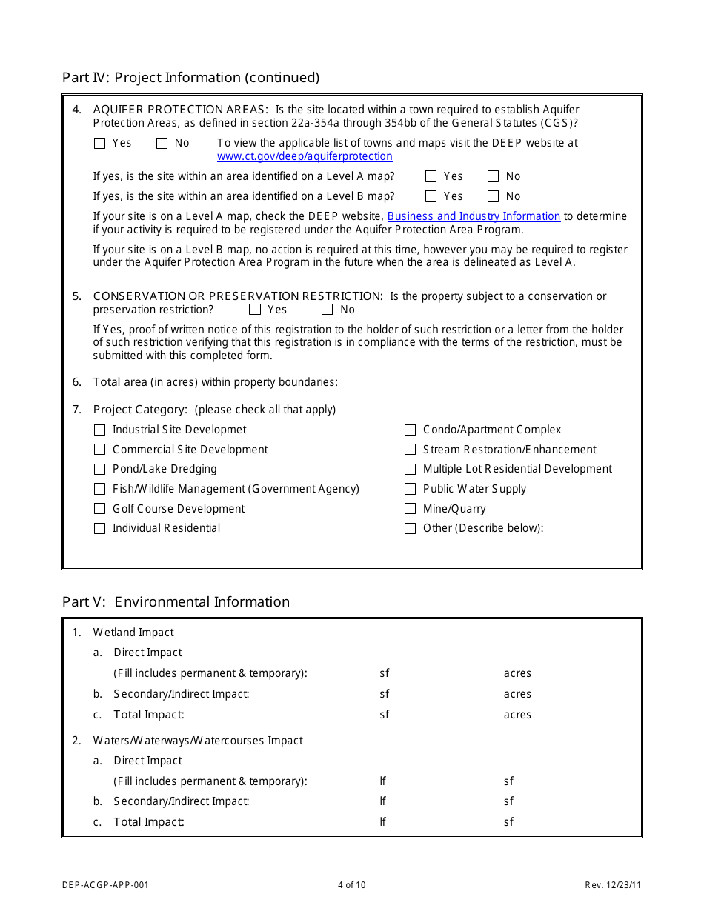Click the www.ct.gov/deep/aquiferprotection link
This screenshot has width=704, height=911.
point(305,156)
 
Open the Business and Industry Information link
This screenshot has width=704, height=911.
point(474,216)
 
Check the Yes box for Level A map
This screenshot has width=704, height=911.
point(431,176)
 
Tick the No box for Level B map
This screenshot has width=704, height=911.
point(494,196)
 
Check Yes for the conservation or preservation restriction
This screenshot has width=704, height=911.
point(256,310)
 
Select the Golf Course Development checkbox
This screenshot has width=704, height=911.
point(100,509)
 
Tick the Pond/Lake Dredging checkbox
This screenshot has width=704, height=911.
point(100,469)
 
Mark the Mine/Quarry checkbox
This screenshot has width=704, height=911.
point(410,509)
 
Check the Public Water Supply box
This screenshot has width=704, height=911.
point(410,489)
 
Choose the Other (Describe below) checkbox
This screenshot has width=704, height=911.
point(410,528)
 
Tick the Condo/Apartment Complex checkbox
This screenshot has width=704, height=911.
point(410,430)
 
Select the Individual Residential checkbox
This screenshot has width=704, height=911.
point(100,528)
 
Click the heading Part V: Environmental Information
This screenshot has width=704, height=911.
point(176,601)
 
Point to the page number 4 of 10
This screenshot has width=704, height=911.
point(351,884)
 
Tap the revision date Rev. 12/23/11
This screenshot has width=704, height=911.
point(613,884)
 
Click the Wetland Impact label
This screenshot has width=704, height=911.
point(133,633)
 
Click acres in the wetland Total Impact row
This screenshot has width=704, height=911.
point(517,715)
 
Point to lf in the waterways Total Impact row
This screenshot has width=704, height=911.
point(382,821)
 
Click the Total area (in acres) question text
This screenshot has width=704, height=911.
point(215,382)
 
